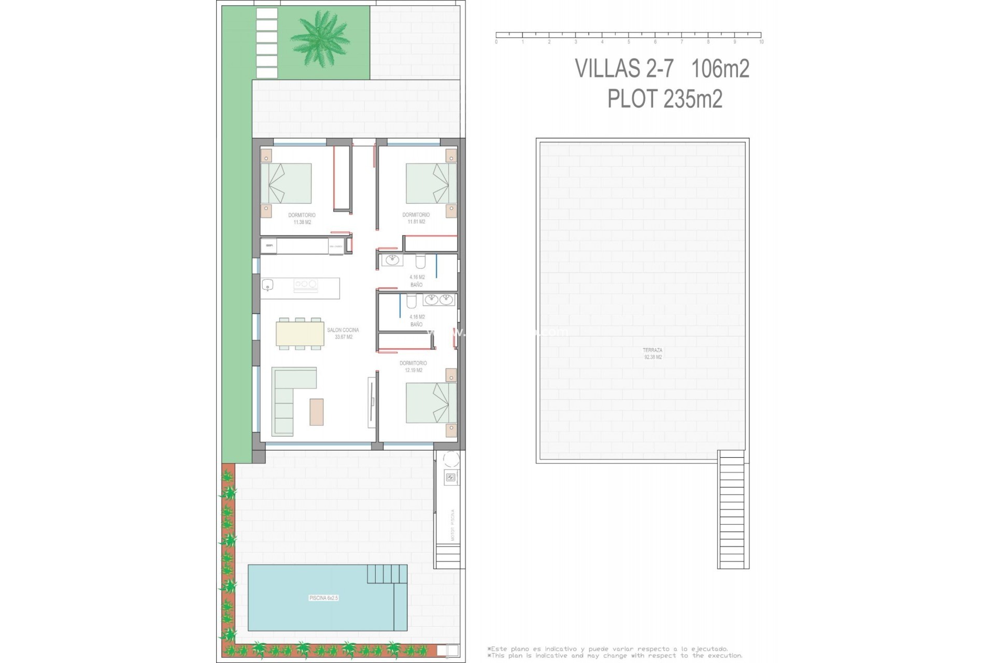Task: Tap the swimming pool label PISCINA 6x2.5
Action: coord(323,598)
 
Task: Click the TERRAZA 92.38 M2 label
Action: coord(652,354)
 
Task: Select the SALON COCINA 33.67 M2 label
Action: coord(343,334)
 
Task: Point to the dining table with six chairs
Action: coord(300,334)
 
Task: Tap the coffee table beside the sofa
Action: coord(317,412)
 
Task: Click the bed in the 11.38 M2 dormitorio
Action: coord(286,183)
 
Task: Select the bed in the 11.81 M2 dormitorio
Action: coord(431,183)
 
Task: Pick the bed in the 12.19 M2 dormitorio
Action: coord(431,402)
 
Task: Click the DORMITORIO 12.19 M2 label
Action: coord(414,367)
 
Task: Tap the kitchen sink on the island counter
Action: coord(268,284)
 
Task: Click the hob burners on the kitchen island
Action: coord(306,284)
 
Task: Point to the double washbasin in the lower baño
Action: coord(439,300)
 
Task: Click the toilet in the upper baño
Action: coord(420,261)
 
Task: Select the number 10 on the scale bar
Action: coord(761,42)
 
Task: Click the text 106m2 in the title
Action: coord(720,69)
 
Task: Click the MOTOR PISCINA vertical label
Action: coord(452,525)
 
